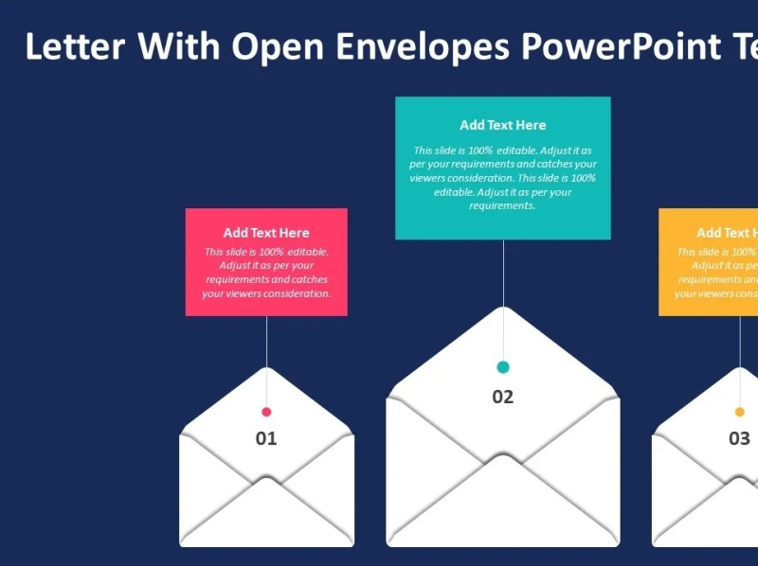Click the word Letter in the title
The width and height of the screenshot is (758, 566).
pos(74,45)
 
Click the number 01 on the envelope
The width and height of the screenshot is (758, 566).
pos(266,438)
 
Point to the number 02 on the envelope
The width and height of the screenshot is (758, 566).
pos(502,397)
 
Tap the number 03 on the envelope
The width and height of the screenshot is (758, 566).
pos(739,438)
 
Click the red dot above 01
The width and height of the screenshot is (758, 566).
pos(266,412)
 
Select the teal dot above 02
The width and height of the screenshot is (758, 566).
pos(503,367)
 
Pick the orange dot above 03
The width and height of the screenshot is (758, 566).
pos(740,412)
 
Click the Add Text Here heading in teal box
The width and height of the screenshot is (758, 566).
pos(503,125)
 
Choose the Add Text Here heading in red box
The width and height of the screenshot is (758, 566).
pos(266,233)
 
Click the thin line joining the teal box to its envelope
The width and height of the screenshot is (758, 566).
pos(503,274)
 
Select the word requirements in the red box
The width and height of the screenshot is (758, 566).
pos(238,279)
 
